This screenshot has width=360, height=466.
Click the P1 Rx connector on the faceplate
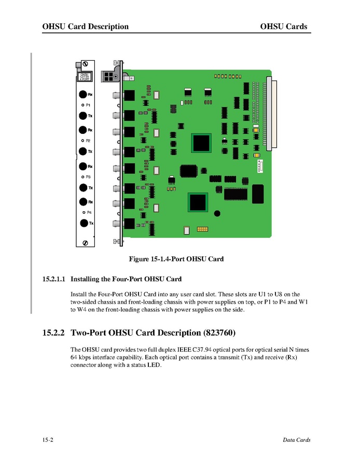click(x=83, y=95)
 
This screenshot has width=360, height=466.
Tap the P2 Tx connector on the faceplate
click(x=83, y=151)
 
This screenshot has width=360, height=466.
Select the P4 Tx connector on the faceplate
click(x=83, y=223)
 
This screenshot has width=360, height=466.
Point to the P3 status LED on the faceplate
click(x=83, y=177)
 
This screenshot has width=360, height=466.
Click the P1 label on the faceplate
click(x=89, y=105)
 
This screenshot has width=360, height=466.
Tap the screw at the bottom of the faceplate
click(x=85, y=243)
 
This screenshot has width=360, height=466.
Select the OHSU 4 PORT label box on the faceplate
click(x=85, y=77)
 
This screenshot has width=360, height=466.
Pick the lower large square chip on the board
click(x=198, y=202)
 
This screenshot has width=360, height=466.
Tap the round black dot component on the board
click(x=217, y=213)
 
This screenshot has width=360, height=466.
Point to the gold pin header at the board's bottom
click(x=203, y=229)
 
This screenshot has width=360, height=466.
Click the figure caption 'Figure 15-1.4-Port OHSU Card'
click(x=176, y=258)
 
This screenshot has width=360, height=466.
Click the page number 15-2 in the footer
click(x=48, y=440)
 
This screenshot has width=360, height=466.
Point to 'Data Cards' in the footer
click(x=296, y=440)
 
